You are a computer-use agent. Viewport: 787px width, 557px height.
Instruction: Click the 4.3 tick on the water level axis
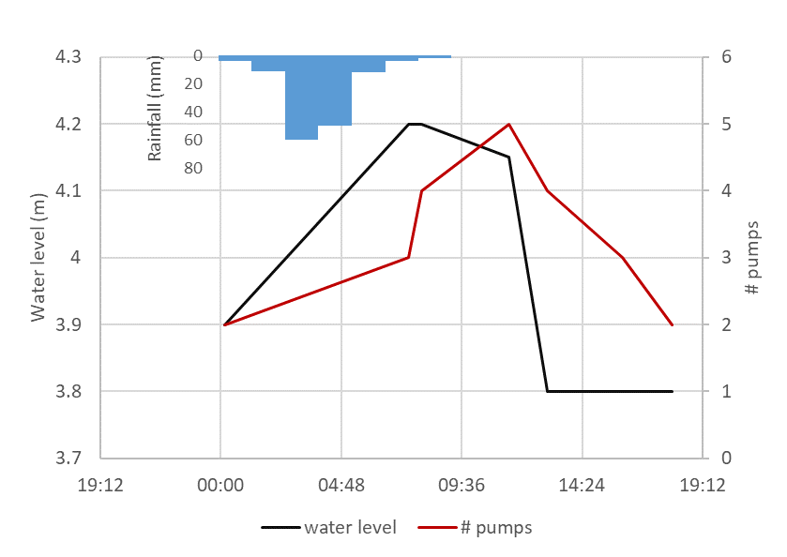pos(68,57)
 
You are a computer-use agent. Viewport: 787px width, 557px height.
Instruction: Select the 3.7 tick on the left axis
pos(68,459)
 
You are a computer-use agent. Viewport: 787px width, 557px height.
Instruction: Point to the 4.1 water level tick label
pos(68,191)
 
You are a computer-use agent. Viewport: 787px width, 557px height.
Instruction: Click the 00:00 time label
pos(219,486)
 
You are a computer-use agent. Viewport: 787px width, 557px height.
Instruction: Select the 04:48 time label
pos(341,486)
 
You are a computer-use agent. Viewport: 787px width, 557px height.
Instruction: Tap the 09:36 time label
pos(462,486)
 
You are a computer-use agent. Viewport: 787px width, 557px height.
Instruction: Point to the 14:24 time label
pos(583,486)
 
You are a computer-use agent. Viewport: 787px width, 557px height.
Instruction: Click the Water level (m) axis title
pos(38,258)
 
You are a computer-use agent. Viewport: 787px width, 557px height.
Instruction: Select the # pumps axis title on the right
pos(752,258)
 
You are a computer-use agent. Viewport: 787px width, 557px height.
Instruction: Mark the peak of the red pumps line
pos(509,124)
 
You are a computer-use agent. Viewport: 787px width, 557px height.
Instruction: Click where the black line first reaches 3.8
pos(548,391)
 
